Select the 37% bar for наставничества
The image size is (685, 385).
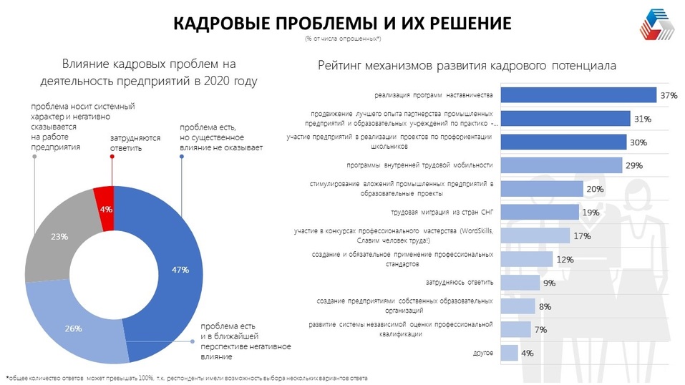click(x=578, y=95)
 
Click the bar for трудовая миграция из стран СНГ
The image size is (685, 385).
click(x=539, y=212)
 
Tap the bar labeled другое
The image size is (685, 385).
click(x=509, y=353)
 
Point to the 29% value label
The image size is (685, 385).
click(x=633, y=165)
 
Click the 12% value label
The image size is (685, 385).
click(x=564, y=259)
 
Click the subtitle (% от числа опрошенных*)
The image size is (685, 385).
click(x=342, y=38)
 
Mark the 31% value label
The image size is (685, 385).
click(x=642, y=119)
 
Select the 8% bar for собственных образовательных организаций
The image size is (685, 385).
click(x=518, y=306)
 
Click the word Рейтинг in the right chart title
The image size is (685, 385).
click(x=341, y=66)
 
